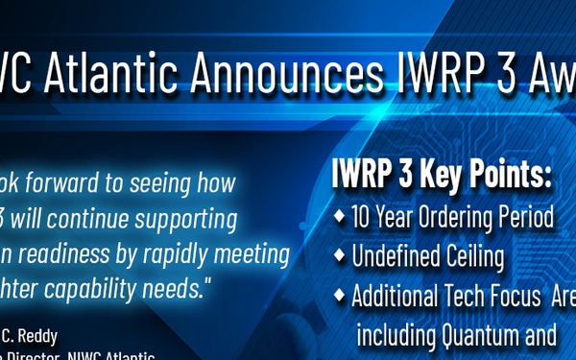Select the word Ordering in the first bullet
pyautogui.click(x=468, y=218)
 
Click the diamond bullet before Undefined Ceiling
pyautogui.click(x=340, y=256)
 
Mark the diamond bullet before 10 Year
pyautogui.click(x=340, y=217)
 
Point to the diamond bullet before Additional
pyautogui.click(x=340, y=296)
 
